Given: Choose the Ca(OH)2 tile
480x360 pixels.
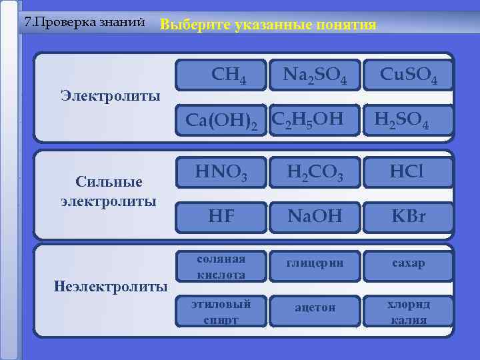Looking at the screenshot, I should [221, 120].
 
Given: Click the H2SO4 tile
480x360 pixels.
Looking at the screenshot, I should [401, 120].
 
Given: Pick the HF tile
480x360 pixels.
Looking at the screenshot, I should [221, 216].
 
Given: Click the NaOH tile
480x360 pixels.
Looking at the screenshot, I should [315, 216].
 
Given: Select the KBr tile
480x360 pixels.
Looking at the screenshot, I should [409, 216].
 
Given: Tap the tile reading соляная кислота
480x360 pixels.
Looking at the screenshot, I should [221, 266].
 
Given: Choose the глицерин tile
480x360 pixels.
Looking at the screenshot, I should [315, 264].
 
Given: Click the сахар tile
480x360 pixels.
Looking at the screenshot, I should [409, 264].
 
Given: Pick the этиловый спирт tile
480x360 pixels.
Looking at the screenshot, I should [221, 311].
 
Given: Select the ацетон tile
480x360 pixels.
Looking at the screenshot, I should [315, 308].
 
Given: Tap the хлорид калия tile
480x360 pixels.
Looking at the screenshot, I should [409, 311].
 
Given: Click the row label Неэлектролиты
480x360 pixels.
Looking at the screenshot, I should [110, 287].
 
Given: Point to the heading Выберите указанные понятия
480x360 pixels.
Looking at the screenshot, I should [268, 25].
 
